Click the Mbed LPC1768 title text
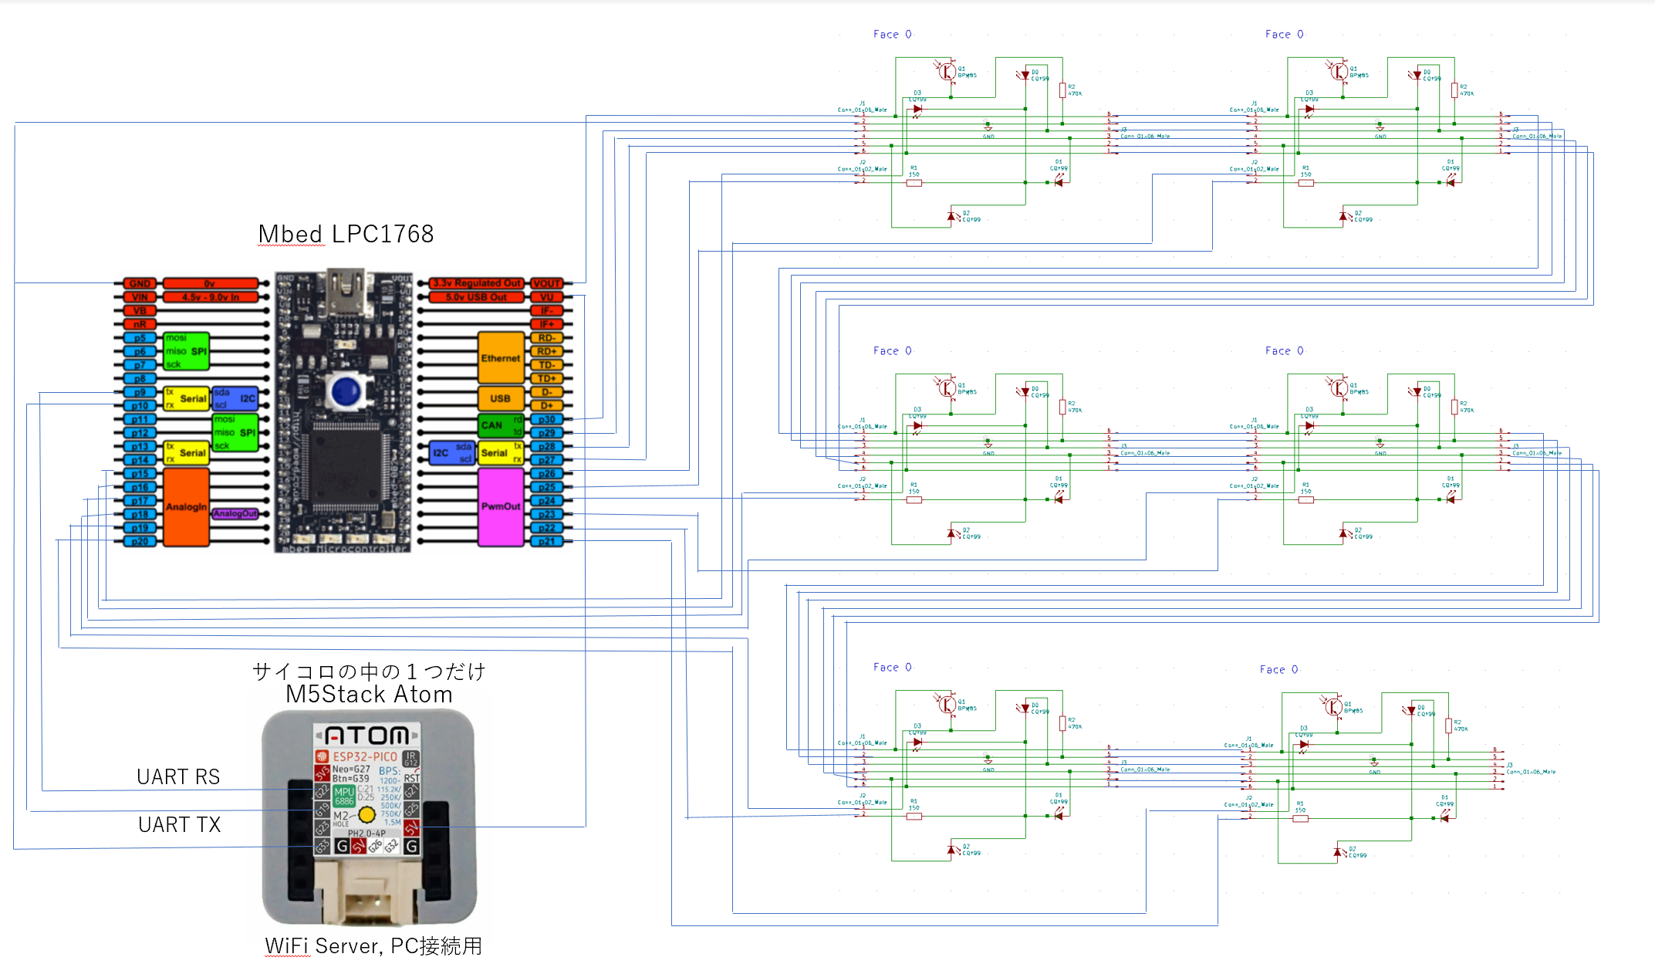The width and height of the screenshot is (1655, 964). coord(346,234)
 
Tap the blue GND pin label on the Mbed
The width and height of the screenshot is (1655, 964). coord(140,283)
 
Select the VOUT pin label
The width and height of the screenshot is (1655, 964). coord(546,283)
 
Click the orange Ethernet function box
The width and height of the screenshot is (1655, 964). coord(501,358)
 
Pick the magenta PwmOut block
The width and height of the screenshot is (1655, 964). coord(501,506)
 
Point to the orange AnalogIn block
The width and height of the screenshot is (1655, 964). coord(186,506)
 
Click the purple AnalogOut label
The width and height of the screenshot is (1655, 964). coord(235,513)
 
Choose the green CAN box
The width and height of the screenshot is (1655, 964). coord(492,424)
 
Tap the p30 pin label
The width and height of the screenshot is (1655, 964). coord(546,419)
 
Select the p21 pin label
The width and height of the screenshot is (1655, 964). coord(546,541)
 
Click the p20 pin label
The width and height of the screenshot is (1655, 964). coord(140,541)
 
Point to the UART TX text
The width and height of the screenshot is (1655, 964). coord(179,824)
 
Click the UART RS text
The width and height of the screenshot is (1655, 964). coord(178,776)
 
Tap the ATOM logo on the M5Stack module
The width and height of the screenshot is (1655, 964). coord(366,735)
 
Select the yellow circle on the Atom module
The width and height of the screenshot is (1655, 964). coord(366,814)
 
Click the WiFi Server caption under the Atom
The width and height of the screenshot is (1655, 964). coord(373,945)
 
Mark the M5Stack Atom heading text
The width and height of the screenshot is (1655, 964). coord(369,694)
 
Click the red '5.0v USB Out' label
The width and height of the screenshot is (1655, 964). coord(476,297)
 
